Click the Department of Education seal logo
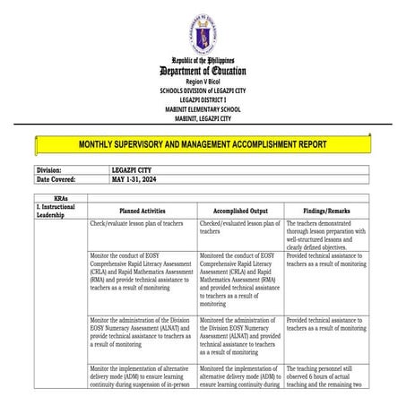[203, 33]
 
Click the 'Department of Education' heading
[203, 71]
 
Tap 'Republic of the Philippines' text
[203, 60]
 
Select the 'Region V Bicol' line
[203, 82]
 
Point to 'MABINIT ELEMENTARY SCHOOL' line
[203, 109]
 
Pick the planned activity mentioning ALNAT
[141, 332]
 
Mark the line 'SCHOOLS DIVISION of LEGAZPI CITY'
[203, 91]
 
